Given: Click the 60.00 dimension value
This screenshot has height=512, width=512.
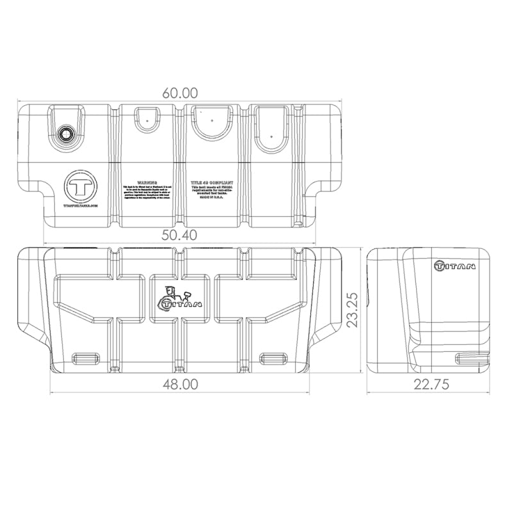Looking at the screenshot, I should [179, 91].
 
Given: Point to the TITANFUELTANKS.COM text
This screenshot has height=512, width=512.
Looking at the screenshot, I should [81, 207].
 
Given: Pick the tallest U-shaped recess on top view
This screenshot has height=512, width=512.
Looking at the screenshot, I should [273, 128].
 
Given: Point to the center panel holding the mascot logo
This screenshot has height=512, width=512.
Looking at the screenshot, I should [180, 298].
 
